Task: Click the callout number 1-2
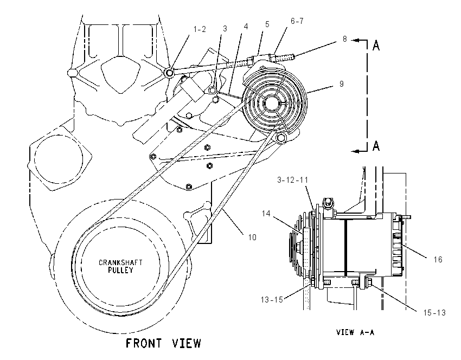(x=200, y=29)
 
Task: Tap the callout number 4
(x=246, y=27)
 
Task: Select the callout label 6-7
(x=297, y=21)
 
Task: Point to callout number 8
(x=344, y=39)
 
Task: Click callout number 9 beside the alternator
(x=341, y=83)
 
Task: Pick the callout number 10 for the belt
(x=252, y=237)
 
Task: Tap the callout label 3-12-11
(x=292, y=179)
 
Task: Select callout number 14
(x=266, y=214)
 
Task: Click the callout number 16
(x=438, y=260)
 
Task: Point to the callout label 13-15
(x=272, y=299)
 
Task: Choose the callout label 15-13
(x=434, y=313)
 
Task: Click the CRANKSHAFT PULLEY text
(x=120, y=266)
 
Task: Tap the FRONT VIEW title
(x=163, y=343)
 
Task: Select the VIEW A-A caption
(x=355, y=332)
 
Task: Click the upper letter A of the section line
(x=376, y=46)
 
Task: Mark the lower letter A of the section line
(x=376, y=145)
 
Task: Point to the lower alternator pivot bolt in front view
(x=281, y=137)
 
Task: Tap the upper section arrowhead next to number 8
(x=355, y=40)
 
